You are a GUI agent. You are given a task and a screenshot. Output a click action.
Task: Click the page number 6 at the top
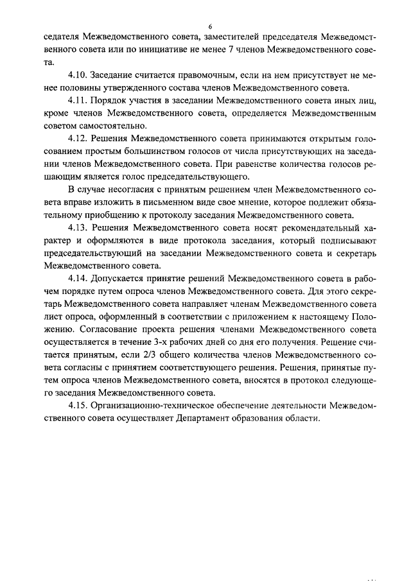pos(209,26)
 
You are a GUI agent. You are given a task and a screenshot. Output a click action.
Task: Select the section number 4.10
pos(79,76)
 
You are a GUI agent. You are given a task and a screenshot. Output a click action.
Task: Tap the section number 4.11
pos(79,101)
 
